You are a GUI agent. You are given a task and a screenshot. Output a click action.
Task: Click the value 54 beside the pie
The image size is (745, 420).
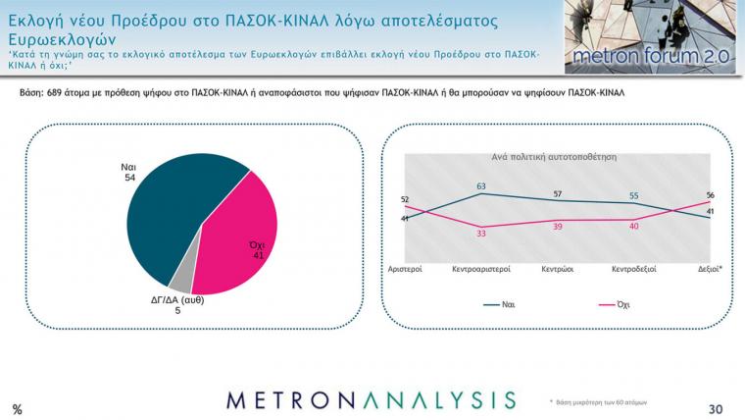pyautogui.click(x=129, y=178)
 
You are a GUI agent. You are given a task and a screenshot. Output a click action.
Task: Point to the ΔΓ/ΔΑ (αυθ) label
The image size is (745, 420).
pyautogui.click(x=177, y=300)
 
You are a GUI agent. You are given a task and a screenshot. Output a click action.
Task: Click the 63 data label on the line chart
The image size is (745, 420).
pyautogui.click(x=481, y=186)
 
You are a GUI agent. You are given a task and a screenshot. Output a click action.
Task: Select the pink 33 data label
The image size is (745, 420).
pyautogui.click(x=481, y=234)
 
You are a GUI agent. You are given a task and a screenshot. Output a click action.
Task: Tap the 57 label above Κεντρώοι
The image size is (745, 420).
pyautogui.click(x=558, y=194)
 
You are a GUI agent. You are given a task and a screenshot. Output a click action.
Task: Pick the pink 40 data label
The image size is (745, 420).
pyautogui.click(x=634, y=227)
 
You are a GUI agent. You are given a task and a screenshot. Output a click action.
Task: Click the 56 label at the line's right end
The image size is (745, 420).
pyautogui.click(x=711, y=195)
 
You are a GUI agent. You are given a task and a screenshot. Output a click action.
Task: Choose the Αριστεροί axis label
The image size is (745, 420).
pyautogui.click(x=405, y=269)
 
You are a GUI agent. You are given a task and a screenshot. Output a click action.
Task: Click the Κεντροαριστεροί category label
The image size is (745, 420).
pyautogui.click(x=481, y=269)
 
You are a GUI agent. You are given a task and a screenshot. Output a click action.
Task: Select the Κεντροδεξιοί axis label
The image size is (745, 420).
pyautogui.click(x=634, y=269)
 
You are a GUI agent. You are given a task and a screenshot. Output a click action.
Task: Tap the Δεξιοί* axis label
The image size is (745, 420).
pyautogui.click(x=710, y=269)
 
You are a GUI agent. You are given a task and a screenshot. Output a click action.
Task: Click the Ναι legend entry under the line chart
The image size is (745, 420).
pyautogui.click(x=499, y=304)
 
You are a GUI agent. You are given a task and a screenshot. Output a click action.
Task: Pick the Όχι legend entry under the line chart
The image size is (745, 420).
pyautogui.click(x=615, y=304)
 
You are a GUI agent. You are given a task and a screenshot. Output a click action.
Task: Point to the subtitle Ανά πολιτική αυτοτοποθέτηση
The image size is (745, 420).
pyautogui.click(x=554, y=157)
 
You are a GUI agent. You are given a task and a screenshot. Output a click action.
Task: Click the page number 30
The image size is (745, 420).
pyautogui.click(x=716, y=409)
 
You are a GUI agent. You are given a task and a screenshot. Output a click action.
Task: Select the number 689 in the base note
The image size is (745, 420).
pyautogui.click(x=55, y=93)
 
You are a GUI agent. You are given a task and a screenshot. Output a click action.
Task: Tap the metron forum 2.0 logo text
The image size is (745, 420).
pyautogui.click(x=651, y=56)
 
